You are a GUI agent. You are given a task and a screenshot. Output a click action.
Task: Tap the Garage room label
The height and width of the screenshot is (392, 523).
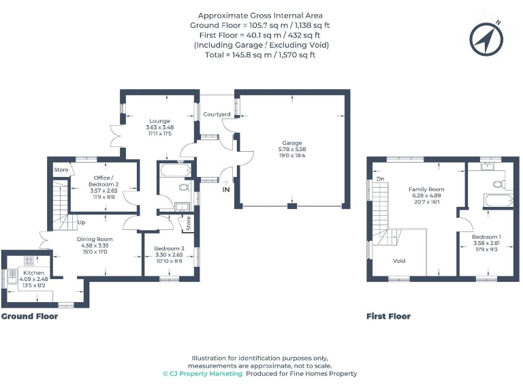292,143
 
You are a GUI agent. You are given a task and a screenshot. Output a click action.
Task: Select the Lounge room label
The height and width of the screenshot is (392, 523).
159,121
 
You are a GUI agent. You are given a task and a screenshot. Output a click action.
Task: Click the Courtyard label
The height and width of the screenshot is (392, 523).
217,114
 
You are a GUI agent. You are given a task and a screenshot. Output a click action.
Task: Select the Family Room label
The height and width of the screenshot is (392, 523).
426,189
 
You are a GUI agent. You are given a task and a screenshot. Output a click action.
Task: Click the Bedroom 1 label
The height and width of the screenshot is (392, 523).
486,236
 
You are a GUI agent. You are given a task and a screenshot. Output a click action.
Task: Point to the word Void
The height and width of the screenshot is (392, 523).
400,261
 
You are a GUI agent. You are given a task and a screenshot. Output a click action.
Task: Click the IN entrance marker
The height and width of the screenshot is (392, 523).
225,190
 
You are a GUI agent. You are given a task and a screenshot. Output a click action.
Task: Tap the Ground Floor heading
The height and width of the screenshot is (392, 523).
29,316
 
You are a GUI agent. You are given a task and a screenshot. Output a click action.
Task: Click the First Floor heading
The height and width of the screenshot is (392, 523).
388,316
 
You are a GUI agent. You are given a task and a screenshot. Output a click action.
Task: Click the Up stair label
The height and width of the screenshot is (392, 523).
82,223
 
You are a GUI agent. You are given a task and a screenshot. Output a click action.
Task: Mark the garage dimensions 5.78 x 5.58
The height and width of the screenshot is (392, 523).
292,149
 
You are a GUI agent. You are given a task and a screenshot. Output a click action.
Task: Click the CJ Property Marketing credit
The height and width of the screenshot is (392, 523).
202,374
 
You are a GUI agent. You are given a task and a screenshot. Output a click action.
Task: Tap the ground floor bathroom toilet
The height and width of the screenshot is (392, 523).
182,188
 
